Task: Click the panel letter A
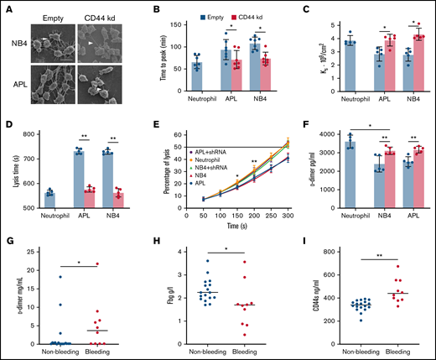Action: tap(6, 6)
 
